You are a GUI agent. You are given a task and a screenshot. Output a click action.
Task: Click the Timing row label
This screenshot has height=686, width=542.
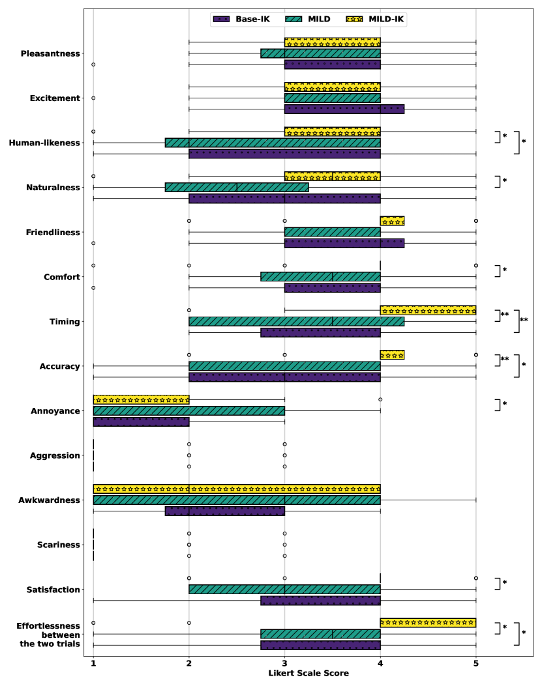tap(65, 322)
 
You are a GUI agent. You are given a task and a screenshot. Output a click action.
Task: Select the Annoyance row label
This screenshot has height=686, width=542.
tap(55, 411)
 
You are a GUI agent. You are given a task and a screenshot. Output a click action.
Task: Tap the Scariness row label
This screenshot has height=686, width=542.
tap(58, 545)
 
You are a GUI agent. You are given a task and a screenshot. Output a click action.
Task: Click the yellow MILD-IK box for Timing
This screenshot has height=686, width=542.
tap(428, 310)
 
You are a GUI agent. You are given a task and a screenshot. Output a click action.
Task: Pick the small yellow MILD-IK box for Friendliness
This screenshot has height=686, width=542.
tap(392, 221)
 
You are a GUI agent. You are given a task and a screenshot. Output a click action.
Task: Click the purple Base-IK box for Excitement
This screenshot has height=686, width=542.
tap(344, 109)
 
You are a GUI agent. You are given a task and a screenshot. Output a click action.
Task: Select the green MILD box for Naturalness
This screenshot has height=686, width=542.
tap(237, 187)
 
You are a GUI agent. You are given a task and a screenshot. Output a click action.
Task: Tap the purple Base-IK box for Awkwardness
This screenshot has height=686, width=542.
tap(225, 511)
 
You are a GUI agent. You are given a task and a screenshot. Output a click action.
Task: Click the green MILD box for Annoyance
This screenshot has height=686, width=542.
tap(189, 411)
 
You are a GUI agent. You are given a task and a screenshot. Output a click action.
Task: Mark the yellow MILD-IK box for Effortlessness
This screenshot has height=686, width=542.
tap(428, 623)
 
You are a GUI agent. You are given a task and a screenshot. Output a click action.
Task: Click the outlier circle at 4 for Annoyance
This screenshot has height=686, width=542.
tap(380, 399)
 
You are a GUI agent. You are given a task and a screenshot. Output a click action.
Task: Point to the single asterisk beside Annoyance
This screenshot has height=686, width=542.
tap(504, 405)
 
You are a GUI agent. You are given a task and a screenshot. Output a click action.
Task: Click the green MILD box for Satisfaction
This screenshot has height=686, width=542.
tap(284, 590)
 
